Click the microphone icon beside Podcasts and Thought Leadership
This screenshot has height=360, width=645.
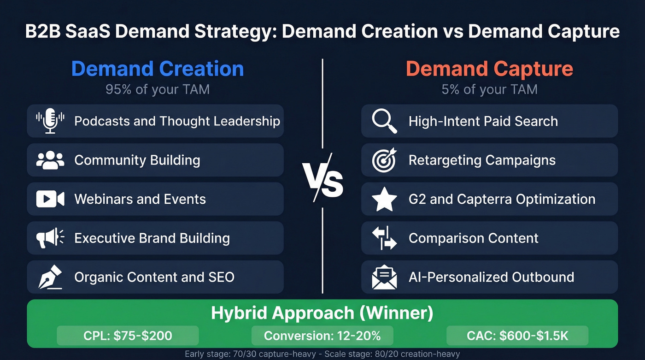point(50,121)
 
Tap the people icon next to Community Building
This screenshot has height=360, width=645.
point(50,160)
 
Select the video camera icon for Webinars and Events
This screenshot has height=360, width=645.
point(50,199)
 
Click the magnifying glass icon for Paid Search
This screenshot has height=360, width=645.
point(384,121)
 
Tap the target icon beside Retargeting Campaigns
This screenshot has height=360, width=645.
point(384,160)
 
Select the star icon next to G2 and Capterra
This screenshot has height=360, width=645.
point(384,200)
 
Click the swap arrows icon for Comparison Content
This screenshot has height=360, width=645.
point(384,238)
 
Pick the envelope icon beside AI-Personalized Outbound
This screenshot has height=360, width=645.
point(384,277)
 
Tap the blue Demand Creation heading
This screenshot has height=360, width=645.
point(158,69)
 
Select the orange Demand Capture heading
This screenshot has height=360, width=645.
point(489,69)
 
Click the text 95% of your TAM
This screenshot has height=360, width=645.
point(158,89)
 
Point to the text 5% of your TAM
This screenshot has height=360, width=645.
point(489,89)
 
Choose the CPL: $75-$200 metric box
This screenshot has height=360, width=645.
point(128,336)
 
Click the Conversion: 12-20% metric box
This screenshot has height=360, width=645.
point(322,336)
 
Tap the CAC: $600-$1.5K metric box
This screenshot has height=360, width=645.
point(517,336)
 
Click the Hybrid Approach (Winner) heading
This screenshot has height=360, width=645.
point(322,313)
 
